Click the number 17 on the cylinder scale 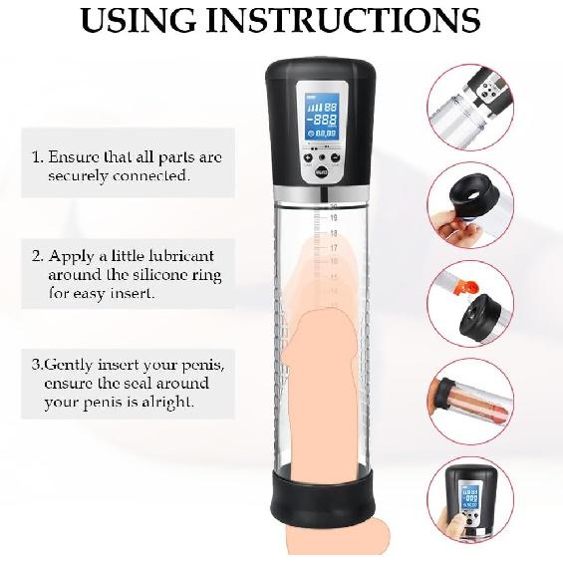[334, 247]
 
